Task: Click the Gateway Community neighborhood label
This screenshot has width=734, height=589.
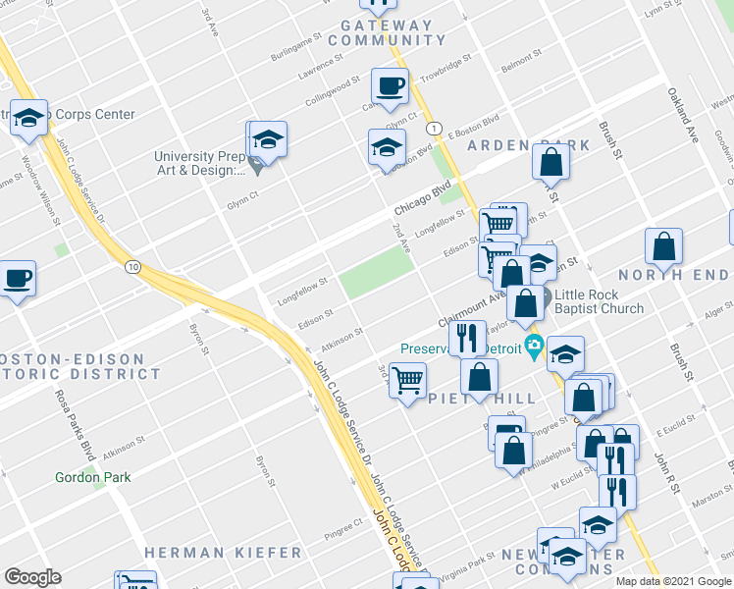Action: click(387, 32)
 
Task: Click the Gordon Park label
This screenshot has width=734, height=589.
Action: click(92, 477)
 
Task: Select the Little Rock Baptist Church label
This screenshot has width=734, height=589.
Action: click(599, 301)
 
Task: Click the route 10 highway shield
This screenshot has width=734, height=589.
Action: click(132, 266)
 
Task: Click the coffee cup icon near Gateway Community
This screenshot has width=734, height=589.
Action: click(391, 85)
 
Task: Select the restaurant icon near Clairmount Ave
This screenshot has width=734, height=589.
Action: click(467, 338)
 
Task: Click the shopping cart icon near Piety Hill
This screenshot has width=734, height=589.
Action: click(407, 379)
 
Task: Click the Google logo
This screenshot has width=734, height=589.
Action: click(32, 577)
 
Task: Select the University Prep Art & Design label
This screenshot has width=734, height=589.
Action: click(199, 163)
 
